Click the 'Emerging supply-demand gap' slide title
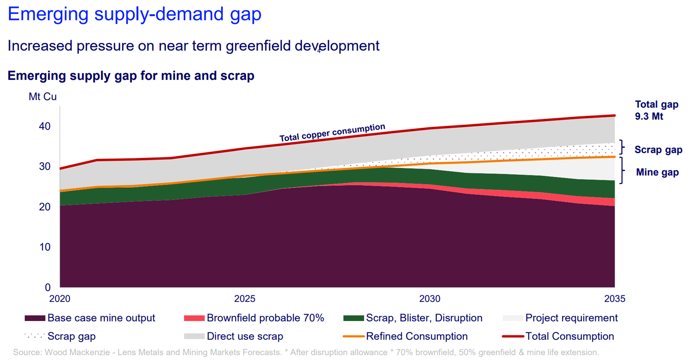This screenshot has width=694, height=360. [x=135, y=14]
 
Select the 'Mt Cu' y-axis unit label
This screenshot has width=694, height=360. [x=42, y=96]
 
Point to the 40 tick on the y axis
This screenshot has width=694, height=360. [x=45, y=126]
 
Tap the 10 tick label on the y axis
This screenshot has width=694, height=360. [x=45, y=247]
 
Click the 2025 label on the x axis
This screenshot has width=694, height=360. [x=245, y=299]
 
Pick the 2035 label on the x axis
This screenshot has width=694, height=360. [x=615, y=299]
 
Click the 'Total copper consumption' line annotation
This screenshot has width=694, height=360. [x=332, y=133]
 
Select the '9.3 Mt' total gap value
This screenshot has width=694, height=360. [x=649, y=116]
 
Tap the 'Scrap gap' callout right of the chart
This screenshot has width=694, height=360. [x=658, y=150]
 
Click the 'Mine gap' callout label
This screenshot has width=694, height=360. [x=657, y=172]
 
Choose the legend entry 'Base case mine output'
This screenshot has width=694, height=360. [x=101, y=318]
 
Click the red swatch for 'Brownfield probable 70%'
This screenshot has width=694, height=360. [x=194, y=318]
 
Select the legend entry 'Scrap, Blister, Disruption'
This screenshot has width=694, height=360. [x=424, y=318]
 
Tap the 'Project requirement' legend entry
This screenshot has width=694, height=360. [x=571, y=318]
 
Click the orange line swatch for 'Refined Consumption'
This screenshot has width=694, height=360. [x=353, y=336]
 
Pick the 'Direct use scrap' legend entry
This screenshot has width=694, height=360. [x=245, y=336]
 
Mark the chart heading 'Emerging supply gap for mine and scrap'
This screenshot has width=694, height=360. [x=131, y=76]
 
